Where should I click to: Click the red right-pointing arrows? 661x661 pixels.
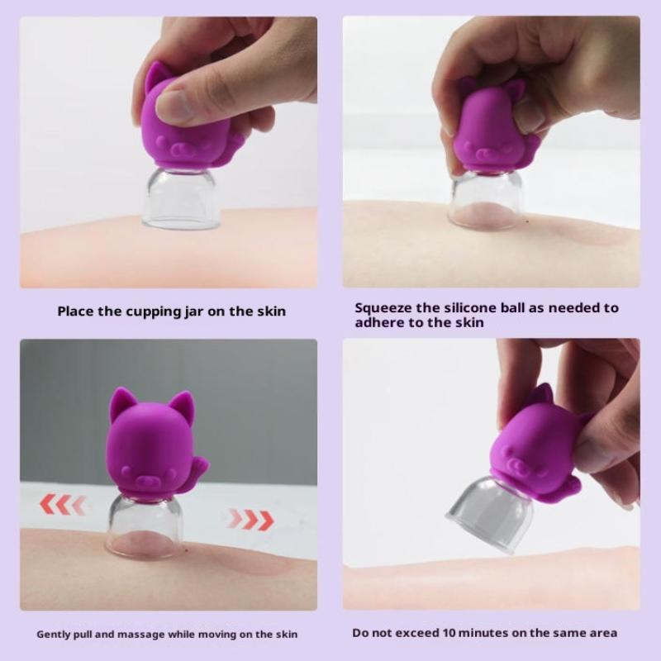(250, 520)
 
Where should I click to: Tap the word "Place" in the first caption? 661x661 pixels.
(77, 311)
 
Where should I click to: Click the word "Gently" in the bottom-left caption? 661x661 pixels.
(56, 635)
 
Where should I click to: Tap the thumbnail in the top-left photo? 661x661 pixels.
(175, 106)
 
